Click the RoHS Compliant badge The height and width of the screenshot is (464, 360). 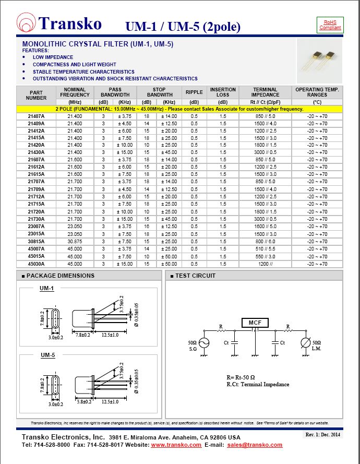point(330,25)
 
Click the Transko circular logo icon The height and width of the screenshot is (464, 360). point(27,24)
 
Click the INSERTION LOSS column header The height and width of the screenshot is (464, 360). point(223,92)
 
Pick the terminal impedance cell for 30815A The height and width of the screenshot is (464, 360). point(266,242)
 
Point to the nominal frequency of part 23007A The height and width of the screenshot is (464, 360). point(75,227)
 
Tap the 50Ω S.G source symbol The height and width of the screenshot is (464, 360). point(203,343)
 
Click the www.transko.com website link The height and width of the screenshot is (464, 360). point(176,445)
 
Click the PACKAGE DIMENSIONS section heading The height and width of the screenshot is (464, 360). point(60,276)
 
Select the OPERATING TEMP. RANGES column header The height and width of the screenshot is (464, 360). point(317,92)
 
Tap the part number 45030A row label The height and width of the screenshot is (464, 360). point(36,264)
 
